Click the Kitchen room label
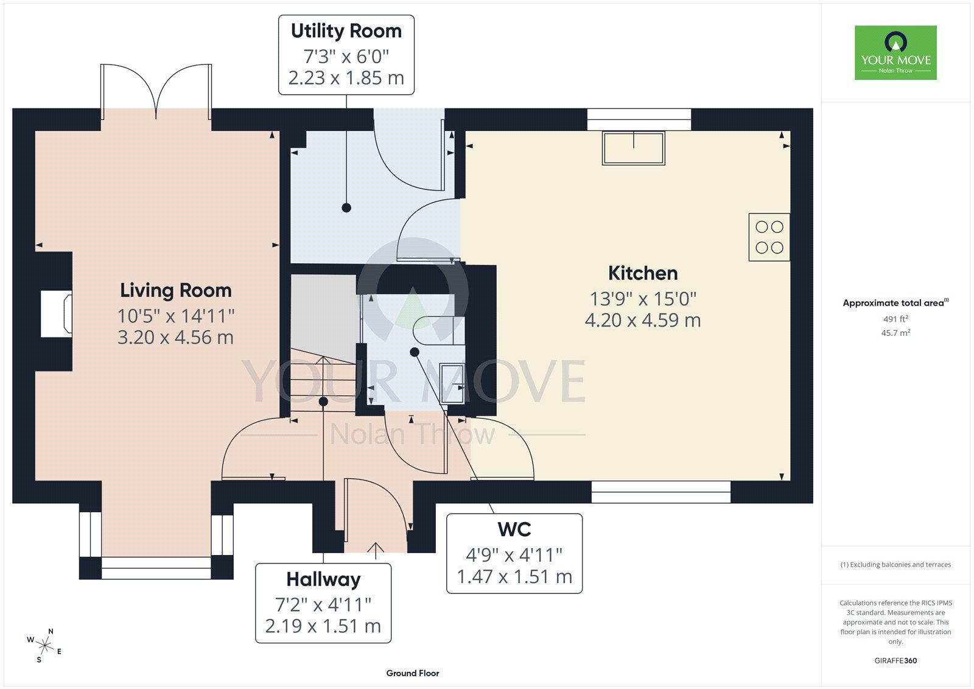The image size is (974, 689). pyautogui.click(x=643, y=274)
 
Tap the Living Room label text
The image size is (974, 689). pyautogui.click(x=176, y=291)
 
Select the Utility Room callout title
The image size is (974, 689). pyautogui.click(x=346, y=31)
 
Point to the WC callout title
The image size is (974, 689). pyautogui.click(x=514, y=530)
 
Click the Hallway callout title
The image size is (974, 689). pyautogui.click(x=323, y=580)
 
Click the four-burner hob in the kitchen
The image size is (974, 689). pyautogui.click(x=769, y=237)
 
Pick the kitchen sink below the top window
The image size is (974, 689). pyautogui.click(x=634, y=148)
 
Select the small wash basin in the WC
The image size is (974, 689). pyautogui.click(x=452, y=383)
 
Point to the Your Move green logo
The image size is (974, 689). pyautogui.click(x=895, y=52)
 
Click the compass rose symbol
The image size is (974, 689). pyautogui.click(x=44, y=646)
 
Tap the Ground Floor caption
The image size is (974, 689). pyautogui.click(x=413, y=673)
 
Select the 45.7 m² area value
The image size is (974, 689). pyautogui.click(x=895, y=333)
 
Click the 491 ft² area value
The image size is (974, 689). pyautogui.click(x=895, y=319)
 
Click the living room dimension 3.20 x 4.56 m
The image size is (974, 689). pyautogui.click(x=176, y=337)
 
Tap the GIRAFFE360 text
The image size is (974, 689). pyautogui.click(x=895, y=661)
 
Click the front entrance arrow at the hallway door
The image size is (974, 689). pyautogui.click(x=376, y=551)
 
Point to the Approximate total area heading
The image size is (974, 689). pyautogui.click(x=895, y=303)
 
